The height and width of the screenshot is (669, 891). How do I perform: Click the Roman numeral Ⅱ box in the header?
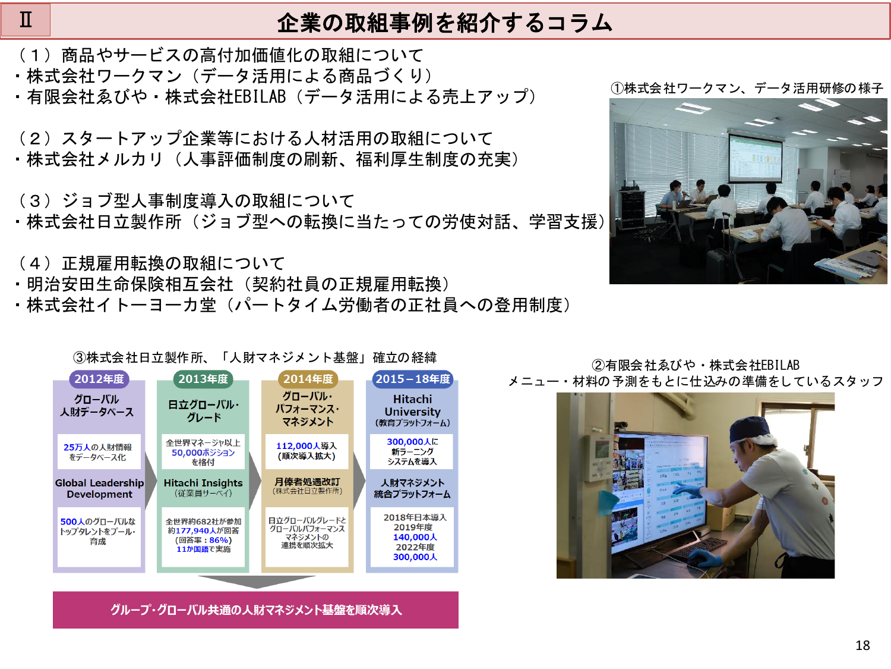[x=26, y=20]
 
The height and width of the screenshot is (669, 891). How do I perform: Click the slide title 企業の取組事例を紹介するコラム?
[x=445, y=23]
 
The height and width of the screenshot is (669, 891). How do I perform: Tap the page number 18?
[x=862, y=645]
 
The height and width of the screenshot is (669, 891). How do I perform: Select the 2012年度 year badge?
[x=99, y=379]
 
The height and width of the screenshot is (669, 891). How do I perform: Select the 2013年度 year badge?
[x=203, y=379]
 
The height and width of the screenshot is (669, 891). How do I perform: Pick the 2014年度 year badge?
[x=308, y=379]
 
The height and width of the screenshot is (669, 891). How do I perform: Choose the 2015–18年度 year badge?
[x=413, y=379]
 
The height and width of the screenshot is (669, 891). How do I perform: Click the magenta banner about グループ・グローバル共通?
[x=255, y=610]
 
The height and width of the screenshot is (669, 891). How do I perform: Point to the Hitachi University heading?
[x=412, y=406]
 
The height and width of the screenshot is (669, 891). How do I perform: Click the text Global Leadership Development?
[x=99, y=488]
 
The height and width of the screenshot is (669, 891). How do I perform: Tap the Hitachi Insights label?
[x=203, y=483]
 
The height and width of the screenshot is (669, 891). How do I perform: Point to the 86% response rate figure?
[x=219, y=540]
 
